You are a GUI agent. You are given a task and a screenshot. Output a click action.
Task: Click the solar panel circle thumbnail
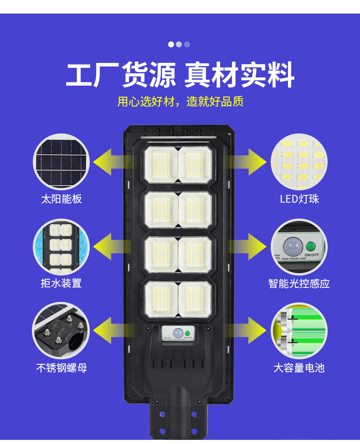[x=61, y=162]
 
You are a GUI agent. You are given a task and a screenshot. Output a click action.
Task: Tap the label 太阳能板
[x=62, y=199]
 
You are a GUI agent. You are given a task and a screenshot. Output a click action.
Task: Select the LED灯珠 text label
[x=299, y=199]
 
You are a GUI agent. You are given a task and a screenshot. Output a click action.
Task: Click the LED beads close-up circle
[x=299, y=162]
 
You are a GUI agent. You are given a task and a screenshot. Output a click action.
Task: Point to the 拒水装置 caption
[x=62, y=283]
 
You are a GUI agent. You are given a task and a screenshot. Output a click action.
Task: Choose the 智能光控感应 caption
[x=299, y=283]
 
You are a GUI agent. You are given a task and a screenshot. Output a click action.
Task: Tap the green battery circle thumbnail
[x=299, y=331]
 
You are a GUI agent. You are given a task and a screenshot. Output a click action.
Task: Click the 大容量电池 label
[x=299, y=367]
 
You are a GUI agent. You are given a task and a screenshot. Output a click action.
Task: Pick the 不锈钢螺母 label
[x=62, y=367]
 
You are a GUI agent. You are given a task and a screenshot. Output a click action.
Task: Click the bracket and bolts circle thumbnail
[x=61, y=331]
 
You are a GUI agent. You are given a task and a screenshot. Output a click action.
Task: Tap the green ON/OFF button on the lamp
[x=188, y=333]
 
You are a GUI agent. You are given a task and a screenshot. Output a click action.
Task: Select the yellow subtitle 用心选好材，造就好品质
[x=180, y=102]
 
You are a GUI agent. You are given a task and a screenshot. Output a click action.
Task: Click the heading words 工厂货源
[x=121, y=75]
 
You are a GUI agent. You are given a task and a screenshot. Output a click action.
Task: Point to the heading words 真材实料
[x=239, y=75]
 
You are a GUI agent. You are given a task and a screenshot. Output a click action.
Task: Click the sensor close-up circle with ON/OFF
[x=299, y=246]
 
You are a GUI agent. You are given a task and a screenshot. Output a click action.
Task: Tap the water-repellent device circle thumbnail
[x=61, y=246]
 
